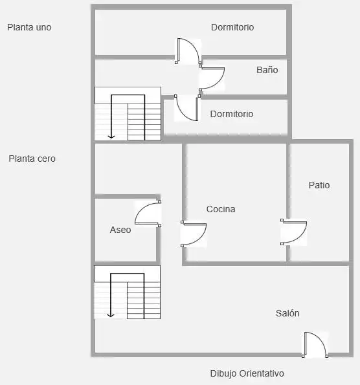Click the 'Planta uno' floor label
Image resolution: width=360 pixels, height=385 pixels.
(x=29, y=27)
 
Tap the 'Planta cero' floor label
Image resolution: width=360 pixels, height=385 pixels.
(x=32, y=159)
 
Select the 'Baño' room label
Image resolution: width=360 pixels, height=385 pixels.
(x=267, y=70)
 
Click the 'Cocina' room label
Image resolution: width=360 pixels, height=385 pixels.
(x=221, y=209)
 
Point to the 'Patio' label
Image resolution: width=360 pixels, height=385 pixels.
(x=319, y=185)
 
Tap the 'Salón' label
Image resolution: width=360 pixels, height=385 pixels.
(x=287, y=313)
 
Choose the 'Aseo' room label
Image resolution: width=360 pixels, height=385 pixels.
(x=120, y=230)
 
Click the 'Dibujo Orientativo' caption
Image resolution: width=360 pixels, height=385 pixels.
(x=247, y=373)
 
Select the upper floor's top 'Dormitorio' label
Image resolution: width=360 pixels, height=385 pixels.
(x=232, y=27)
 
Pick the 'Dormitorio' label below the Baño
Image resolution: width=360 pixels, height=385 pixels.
(x=232, y=114)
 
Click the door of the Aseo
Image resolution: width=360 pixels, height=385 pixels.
(x=148, y=214)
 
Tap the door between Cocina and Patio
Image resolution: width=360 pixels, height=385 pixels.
(x=293, y=232)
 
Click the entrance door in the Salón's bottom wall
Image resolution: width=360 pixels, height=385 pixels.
(x=315, y=345)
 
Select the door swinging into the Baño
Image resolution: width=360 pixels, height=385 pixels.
(x=212, y=78)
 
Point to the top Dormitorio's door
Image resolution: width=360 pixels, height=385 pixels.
(x=188, y=51)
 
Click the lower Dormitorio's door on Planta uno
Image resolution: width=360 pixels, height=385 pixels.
(x=187, y=108)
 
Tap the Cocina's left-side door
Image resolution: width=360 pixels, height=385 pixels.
(x=194, y=234)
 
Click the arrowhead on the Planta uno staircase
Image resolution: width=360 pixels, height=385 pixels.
(x=111, y=137)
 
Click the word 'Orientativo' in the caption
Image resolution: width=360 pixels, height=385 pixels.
(x=262, y=373)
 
